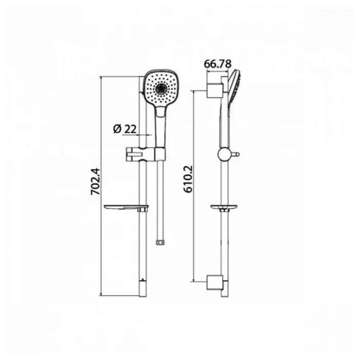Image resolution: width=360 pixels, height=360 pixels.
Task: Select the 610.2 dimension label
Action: (x=187, y=179)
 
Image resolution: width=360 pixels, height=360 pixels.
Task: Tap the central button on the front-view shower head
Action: (x=161, y=89)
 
